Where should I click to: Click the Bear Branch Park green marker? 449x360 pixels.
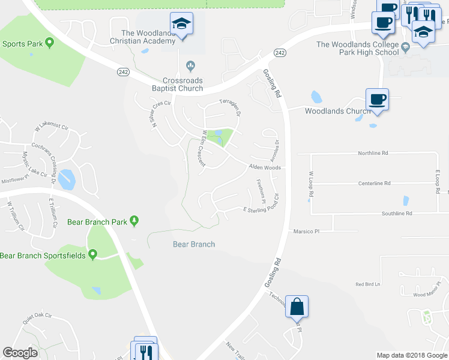134,222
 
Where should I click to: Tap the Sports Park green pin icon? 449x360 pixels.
49,43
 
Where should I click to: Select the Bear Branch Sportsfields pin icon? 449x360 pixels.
93,256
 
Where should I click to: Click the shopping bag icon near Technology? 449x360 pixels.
297,307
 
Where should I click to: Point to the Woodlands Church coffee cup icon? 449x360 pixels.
377,99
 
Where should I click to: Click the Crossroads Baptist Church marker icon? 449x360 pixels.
191,65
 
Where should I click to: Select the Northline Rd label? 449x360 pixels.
373,153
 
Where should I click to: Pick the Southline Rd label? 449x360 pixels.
397,213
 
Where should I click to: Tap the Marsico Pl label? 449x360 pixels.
306,230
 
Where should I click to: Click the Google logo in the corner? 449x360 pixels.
20,353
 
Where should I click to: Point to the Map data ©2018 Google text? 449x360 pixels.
411,355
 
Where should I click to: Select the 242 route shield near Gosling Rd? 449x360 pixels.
280,53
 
